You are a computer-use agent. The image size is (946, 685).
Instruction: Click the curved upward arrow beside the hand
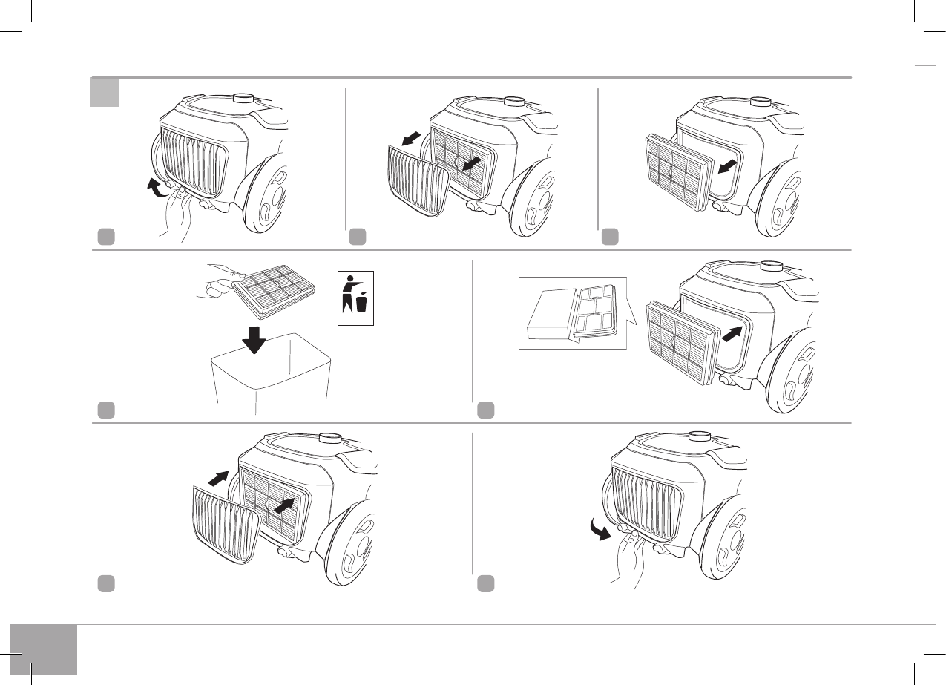pyautogui.click(x=155, y=188)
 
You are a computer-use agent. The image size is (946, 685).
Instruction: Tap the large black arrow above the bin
pyautogui.click(x=254, y=338)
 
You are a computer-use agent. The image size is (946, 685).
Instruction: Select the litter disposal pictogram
pyautogui.click(x=355, y=298)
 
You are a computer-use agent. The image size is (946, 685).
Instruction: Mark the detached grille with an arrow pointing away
pyautogui.click(x=417, y=180)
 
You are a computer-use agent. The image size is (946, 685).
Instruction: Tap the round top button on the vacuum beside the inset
pyautogui.click(x=770, y=266)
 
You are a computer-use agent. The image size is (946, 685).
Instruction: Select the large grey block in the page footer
pyautogui.click(x=44, y=649)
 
